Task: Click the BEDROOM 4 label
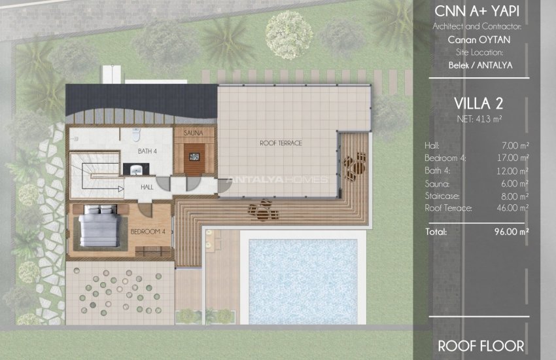point(147,232)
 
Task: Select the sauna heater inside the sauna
point(194,157)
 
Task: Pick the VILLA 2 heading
point(481,103)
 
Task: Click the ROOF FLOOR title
point(481,345)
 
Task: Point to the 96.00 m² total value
point(512,232)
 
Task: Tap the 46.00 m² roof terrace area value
point(513,208)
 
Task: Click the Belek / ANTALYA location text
point(481,65)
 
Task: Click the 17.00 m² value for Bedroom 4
point(513,158)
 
